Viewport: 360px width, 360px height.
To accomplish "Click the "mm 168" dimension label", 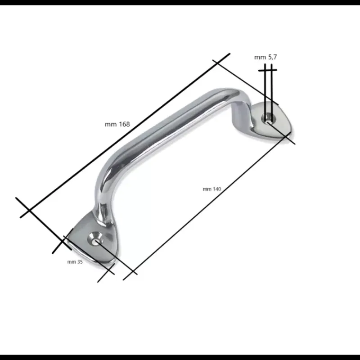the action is tap(117, 124).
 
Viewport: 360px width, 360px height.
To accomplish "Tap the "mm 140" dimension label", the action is tap(211, 189).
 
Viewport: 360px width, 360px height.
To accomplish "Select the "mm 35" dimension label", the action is tap(75, 262).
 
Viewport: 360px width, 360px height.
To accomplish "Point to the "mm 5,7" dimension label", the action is tap(265, 57).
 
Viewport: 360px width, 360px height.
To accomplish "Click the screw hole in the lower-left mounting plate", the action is tap(95, 239).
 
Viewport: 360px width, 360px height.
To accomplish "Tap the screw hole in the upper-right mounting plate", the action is tap(268, 118).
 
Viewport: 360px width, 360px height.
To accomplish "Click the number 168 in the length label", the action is tap(125, 124).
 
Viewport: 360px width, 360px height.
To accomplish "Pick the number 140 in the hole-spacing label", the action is tap(217, 189).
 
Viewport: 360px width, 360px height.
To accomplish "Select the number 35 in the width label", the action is tap(80, 262).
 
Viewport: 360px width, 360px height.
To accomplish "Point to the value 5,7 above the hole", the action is tap(273, 57).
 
